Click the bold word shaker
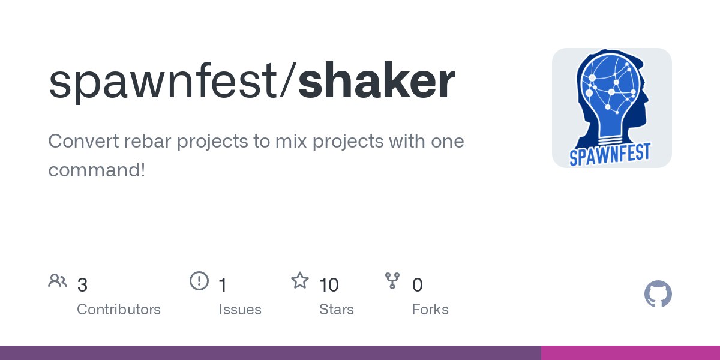(377, 80)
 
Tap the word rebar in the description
(148, 141)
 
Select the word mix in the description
(291, 141)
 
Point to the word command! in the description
(97, 170)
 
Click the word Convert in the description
(83, 141)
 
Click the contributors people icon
(58, 281)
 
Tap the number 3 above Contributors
(82, 285)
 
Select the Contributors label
(119, 310)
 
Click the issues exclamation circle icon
(199, 281)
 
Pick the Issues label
(240, 310)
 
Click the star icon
(300, 280)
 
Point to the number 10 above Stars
(329, 285)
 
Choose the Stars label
(337, 310)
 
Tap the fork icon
(392, 281)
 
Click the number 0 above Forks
(417, 285)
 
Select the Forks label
(430, 310)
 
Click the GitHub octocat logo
(658, 294)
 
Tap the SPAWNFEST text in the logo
(610, 155)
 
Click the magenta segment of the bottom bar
(631, 353)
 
